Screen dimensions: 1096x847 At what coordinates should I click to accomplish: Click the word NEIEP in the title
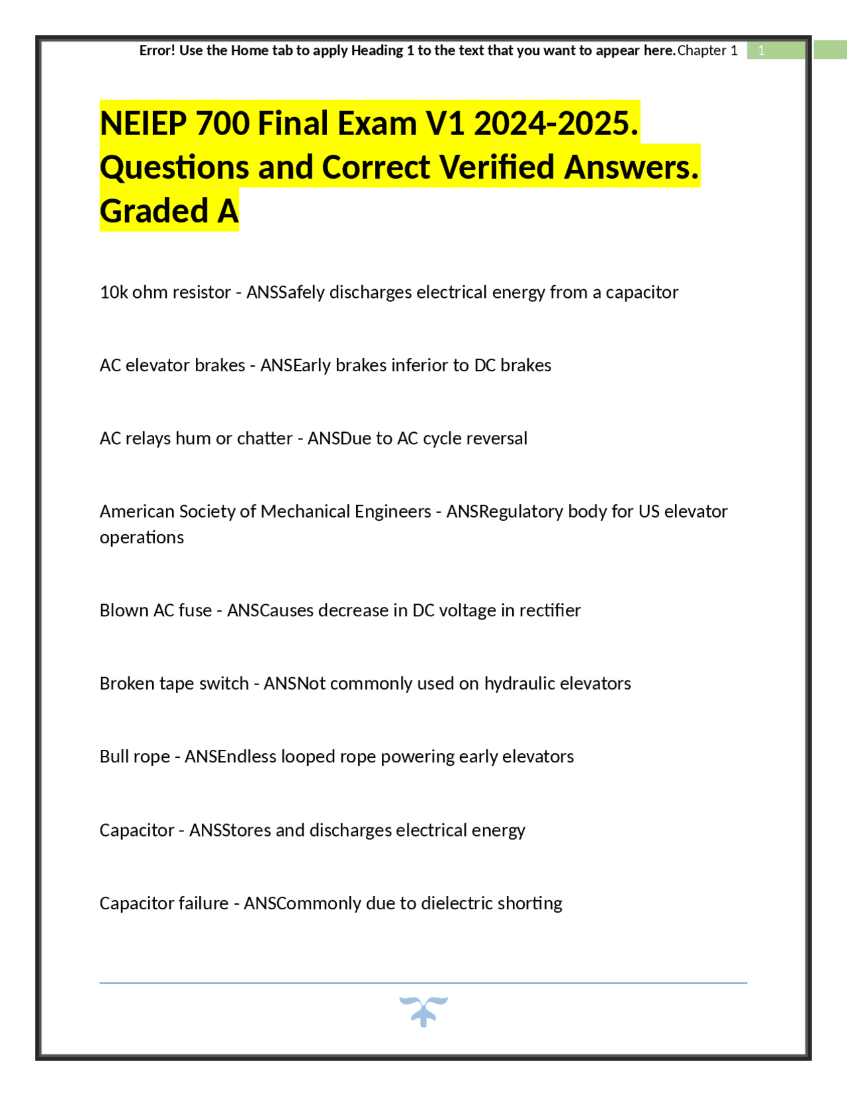coord(143,124)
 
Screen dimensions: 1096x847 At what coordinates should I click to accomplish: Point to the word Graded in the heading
coord(154,211)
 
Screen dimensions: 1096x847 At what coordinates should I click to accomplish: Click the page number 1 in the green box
coord(761,50)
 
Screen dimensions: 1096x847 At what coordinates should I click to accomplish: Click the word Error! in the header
coord(157,50)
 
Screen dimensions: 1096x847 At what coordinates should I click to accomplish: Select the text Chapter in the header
coord(701,50)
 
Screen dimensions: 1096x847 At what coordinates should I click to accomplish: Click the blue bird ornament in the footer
coord(423,1011)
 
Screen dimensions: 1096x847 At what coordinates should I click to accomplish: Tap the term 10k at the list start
coord(113,292)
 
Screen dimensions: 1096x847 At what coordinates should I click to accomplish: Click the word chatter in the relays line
coord(265,438)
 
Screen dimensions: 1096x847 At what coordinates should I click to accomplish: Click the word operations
coord(142,537)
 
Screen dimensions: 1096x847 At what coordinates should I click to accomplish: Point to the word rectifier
coord(549,610)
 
